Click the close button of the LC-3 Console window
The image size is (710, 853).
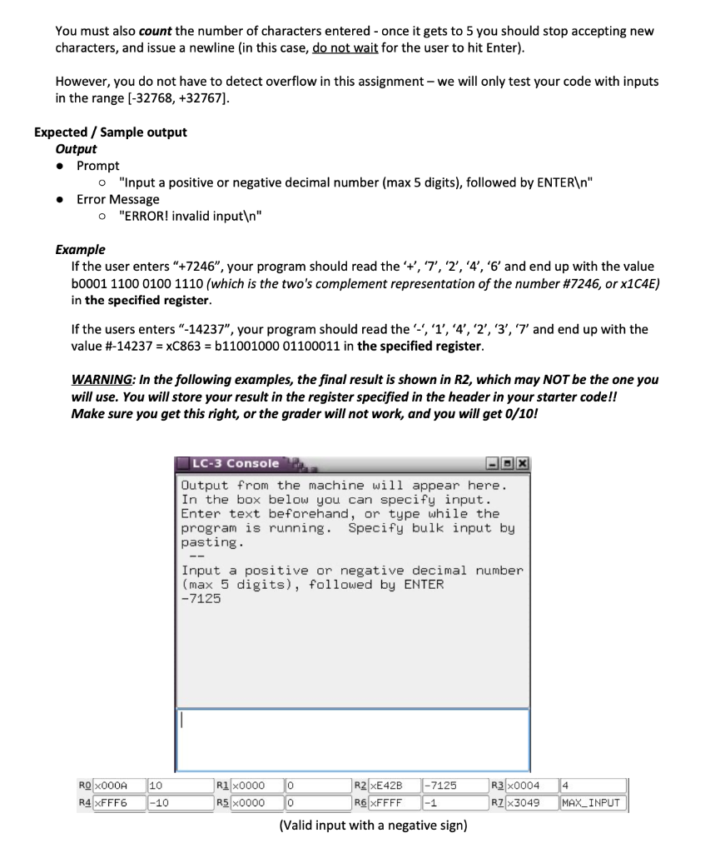(x=524, y=464)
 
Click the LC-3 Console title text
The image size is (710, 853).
(x=236, y=463)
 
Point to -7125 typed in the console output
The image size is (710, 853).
(x=201, y=599)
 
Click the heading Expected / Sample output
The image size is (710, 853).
(x=110, y=132)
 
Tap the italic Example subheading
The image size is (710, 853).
(x=80, y=249)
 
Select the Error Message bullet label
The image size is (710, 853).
(x=117, y=199)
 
